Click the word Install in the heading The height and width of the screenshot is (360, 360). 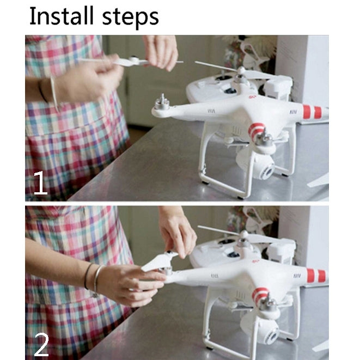pos(62,16)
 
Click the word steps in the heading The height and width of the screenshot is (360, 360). pos(130,18)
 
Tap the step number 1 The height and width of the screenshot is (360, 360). pos(40,183)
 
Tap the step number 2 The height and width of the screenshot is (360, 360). pos(41,344)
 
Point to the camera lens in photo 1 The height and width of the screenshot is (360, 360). pos(268,172)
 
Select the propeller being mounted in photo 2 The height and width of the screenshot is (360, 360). pos(160,261)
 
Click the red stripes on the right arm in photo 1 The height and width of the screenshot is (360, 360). pos(312,112)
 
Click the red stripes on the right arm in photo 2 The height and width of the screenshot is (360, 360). pos(316,276)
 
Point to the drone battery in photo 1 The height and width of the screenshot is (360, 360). pos(277,89)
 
